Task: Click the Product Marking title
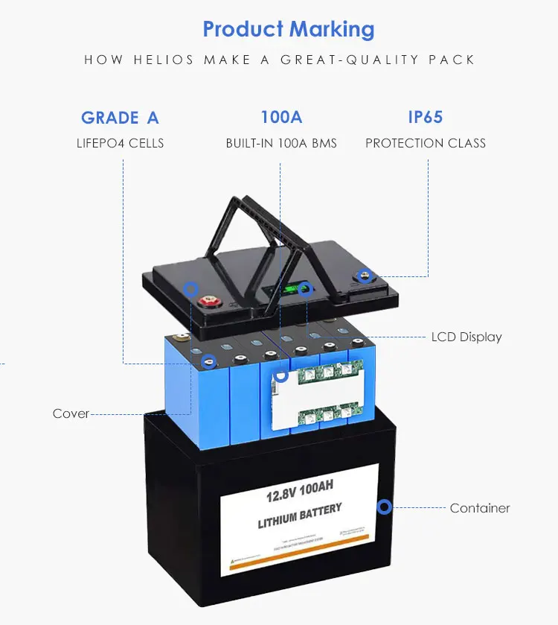click(289, 30)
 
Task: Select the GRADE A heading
click(120, 118)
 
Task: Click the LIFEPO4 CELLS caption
click(120, 143)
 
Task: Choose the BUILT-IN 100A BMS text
click(281, 143)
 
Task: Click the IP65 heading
click(426, 118)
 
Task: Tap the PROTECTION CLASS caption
click(426, 143)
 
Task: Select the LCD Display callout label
click(466, 337)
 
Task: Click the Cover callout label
click(71, 413)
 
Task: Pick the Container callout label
click(480, 508)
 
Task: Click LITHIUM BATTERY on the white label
click(300, 515)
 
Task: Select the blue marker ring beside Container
click(384, 507)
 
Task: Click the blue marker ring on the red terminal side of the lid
click(191, 287)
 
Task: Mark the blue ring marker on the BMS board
click(280, 377)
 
